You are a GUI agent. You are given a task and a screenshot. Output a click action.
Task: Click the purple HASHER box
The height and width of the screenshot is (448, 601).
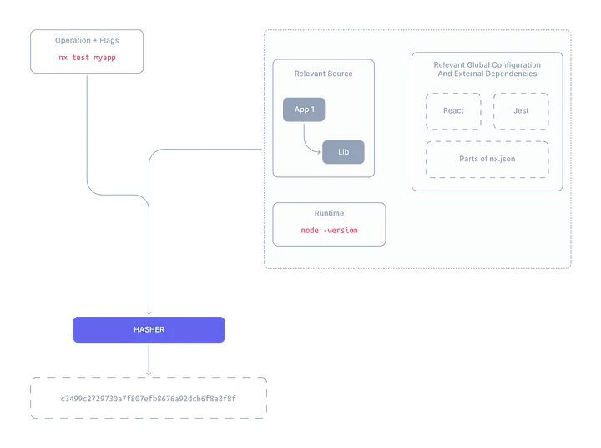(149, 330)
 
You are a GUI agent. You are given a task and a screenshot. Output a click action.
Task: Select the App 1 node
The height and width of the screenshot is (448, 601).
(304, 109)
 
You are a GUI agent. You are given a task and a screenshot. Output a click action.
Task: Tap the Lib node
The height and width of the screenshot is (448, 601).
(343, 151)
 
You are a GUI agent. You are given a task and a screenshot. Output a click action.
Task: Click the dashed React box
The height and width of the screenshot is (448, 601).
(453, 111)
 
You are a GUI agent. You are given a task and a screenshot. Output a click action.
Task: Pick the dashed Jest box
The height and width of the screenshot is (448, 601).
(521, 111)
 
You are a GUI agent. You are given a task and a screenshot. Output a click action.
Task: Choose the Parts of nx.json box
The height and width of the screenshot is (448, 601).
(487, 159)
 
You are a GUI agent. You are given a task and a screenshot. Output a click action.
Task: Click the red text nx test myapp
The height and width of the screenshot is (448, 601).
(87, 58)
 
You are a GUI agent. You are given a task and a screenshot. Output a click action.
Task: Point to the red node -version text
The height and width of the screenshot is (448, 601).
(330, 230)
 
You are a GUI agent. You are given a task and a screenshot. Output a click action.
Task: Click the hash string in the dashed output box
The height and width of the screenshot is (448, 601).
(149, 399)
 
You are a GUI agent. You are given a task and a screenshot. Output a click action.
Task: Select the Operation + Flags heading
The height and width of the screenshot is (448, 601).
(87, 40)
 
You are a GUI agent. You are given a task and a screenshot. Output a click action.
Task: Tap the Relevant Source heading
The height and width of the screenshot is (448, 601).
(323, 74)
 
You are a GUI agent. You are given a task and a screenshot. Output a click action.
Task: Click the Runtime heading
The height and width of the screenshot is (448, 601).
(329, 213)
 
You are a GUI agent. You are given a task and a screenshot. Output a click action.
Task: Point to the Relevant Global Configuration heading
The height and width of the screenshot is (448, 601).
(487, 64)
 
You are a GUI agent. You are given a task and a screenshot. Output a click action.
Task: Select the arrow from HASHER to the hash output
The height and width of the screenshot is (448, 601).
(149, 359)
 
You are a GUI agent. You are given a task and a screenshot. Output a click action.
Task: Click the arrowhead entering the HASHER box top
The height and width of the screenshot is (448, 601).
(149, 313)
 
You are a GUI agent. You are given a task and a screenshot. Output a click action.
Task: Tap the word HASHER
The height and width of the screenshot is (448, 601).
(149, 330)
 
